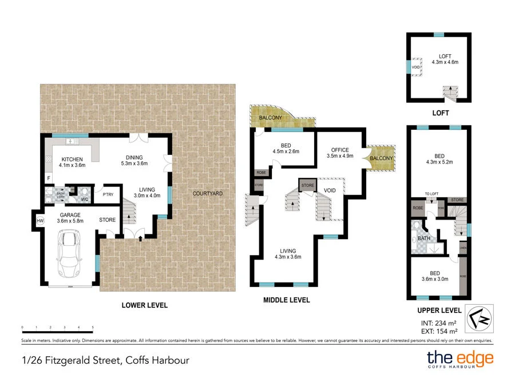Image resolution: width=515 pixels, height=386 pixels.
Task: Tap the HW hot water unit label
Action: click(x=40, y=221)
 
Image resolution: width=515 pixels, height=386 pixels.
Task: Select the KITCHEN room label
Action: click(x=72, y=160)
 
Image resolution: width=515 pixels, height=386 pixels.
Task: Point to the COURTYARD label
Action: click(x=207, y=193)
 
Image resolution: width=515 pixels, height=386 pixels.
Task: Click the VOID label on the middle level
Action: click(x=330, y=190)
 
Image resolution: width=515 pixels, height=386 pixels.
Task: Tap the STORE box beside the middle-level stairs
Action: click(x=308, y=185)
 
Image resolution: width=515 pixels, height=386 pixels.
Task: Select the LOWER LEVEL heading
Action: click(x=145, y=305)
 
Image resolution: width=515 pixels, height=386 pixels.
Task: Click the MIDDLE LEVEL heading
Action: click(x=286, y=300)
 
